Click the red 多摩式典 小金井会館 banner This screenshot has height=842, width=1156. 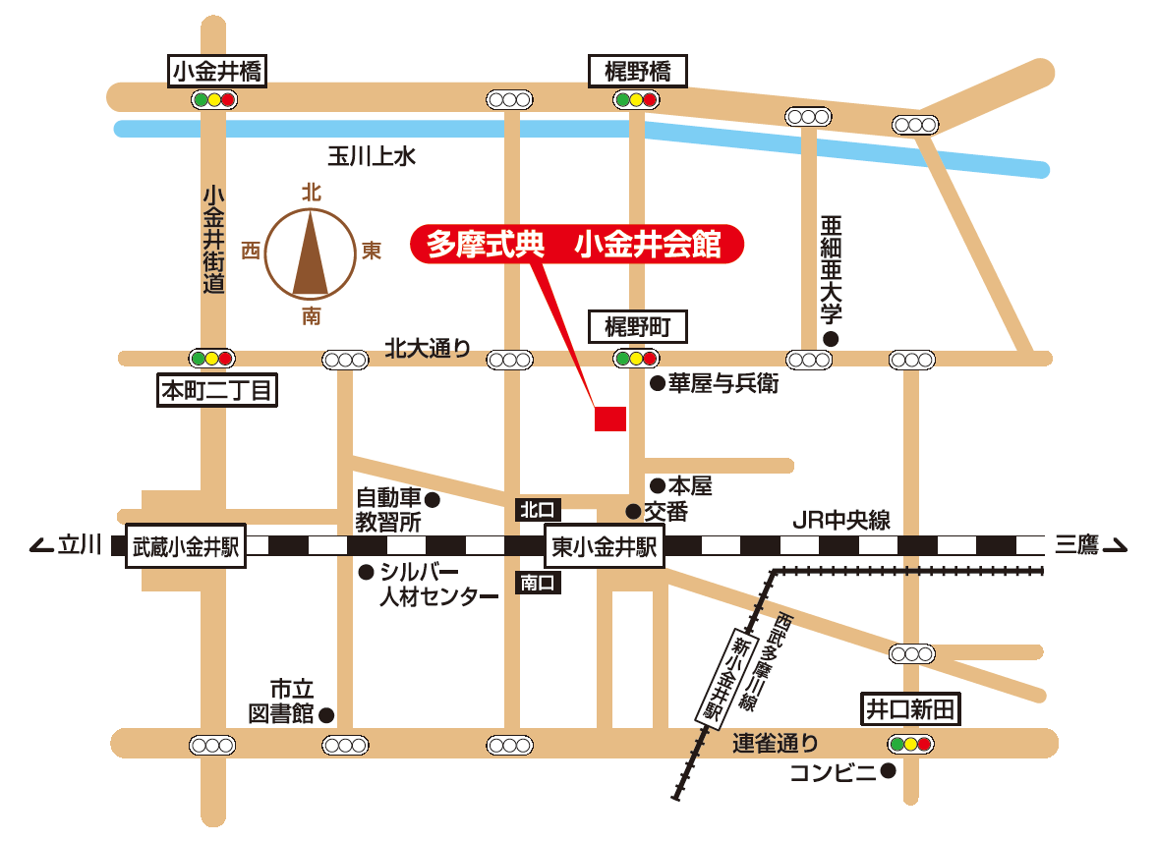tap(574, 245)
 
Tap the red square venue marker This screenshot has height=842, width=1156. tap(610, 419)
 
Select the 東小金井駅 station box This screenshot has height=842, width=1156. tap(605, 546)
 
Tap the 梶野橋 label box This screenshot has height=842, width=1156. tap(637, 70)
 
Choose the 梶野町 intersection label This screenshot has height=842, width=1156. tap(637, 326)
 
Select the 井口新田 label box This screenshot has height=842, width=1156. tap(909, 708)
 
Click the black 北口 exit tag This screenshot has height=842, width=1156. tap(538, 509)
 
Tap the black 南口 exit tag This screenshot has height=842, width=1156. tap(538, 583)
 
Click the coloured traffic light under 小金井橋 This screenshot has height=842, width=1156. tap(214, 99)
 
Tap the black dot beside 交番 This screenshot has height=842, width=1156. tap(633, 511)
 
